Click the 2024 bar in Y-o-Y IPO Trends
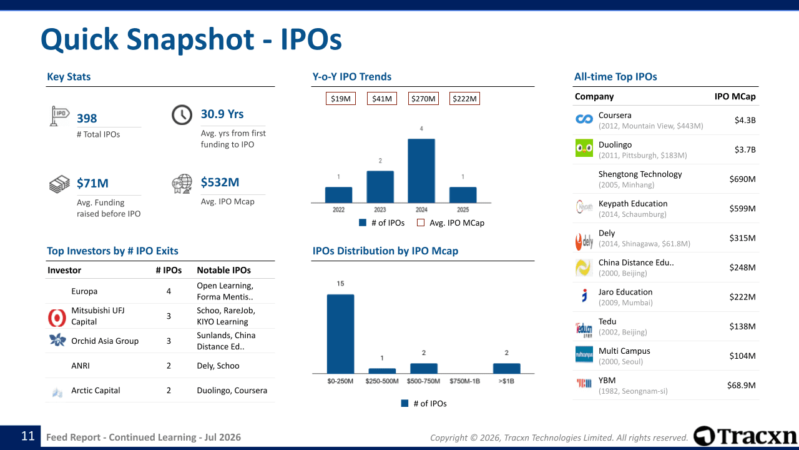coord(421,171)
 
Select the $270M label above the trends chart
coord(423,99)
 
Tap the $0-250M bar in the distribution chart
coord(341,334)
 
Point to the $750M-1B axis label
coord(465,381)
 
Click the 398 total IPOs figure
coord(87,118)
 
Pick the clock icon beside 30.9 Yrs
coord(182,115)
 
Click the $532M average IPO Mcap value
coord(220,182)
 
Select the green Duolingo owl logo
coord(584,148)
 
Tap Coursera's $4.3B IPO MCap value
coord(745,120)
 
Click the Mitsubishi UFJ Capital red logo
coord(57,317)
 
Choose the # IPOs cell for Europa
coord(169,291)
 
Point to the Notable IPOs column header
coord(223,270)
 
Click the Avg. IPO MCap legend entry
coord(451,223)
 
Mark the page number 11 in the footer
coord(28,436)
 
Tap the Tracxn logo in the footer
coord(745,436)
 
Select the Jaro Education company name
coord(625,292)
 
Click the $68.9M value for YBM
coord(741,385)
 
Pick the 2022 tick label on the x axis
coord(338,209)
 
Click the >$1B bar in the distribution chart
coord(506,369)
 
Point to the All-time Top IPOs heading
coord(615,76)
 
